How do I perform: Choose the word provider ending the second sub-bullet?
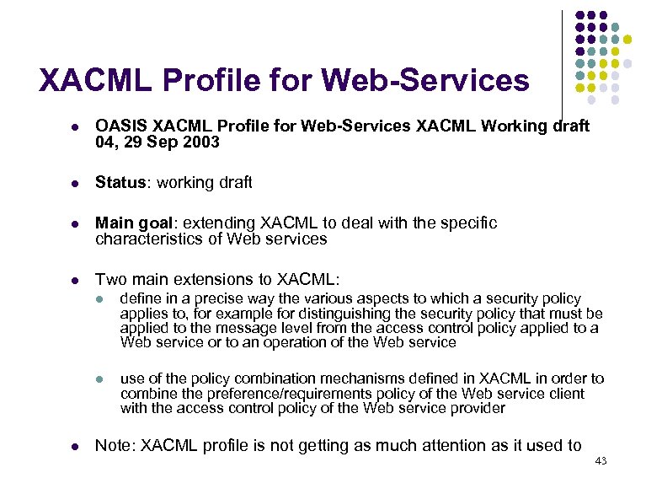point(478,408)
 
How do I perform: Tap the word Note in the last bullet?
point(112,445)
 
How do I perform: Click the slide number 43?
point(601,460)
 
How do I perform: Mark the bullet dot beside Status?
point(75,183)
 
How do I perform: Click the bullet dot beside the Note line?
point(75,446)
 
